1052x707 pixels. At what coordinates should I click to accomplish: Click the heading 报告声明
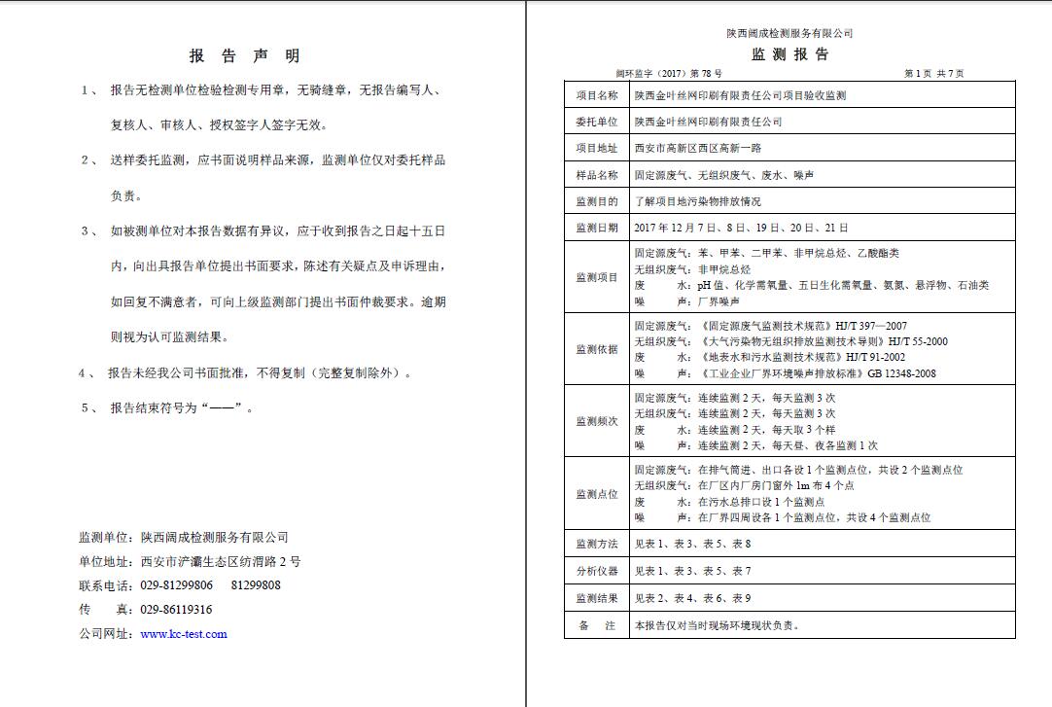click(244, 56)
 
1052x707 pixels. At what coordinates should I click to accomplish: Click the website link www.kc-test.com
click(184, 634)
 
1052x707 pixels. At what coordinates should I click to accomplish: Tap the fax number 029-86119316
click(177, 610)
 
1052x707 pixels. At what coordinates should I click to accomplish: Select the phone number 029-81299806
click(177, 585)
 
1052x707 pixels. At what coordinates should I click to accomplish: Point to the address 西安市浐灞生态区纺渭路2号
click(221, 561)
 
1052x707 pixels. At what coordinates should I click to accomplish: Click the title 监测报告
click(789, 54)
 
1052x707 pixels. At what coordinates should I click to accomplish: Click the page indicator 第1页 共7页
click(933, 73)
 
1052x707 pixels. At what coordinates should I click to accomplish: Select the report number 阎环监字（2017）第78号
click(669, 73)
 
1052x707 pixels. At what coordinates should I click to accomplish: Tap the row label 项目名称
click(596, 96)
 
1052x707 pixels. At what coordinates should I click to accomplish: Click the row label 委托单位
click(596, 123)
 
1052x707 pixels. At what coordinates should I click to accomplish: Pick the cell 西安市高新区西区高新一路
click(697, 149)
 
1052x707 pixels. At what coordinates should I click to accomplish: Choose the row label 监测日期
click(596, 228)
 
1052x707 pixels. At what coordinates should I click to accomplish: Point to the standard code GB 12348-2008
click(901, 373)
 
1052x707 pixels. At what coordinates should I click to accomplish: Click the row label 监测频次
click(596, 421)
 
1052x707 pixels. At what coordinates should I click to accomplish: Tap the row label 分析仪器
click(596, 572)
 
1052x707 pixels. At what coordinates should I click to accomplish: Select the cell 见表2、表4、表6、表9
click(692, 598)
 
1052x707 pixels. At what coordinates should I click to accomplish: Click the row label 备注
click(596, 625)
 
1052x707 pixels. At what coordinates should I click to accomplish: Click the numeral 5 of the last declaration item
click(85, 408)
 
